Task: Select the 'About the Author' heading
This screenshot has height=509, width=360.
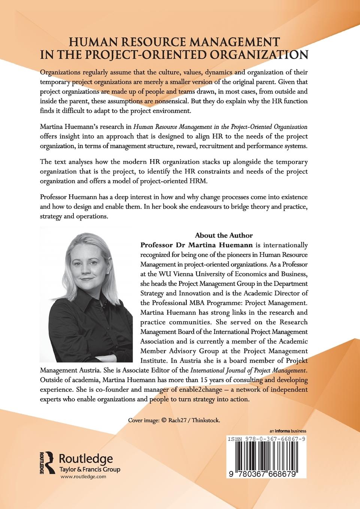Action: pos(224,235)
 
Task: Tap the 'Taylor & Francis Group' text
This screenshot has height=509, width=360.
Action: pos(85,469)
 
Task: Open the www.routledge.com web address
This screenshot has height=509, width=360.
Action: pos(78,476)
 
